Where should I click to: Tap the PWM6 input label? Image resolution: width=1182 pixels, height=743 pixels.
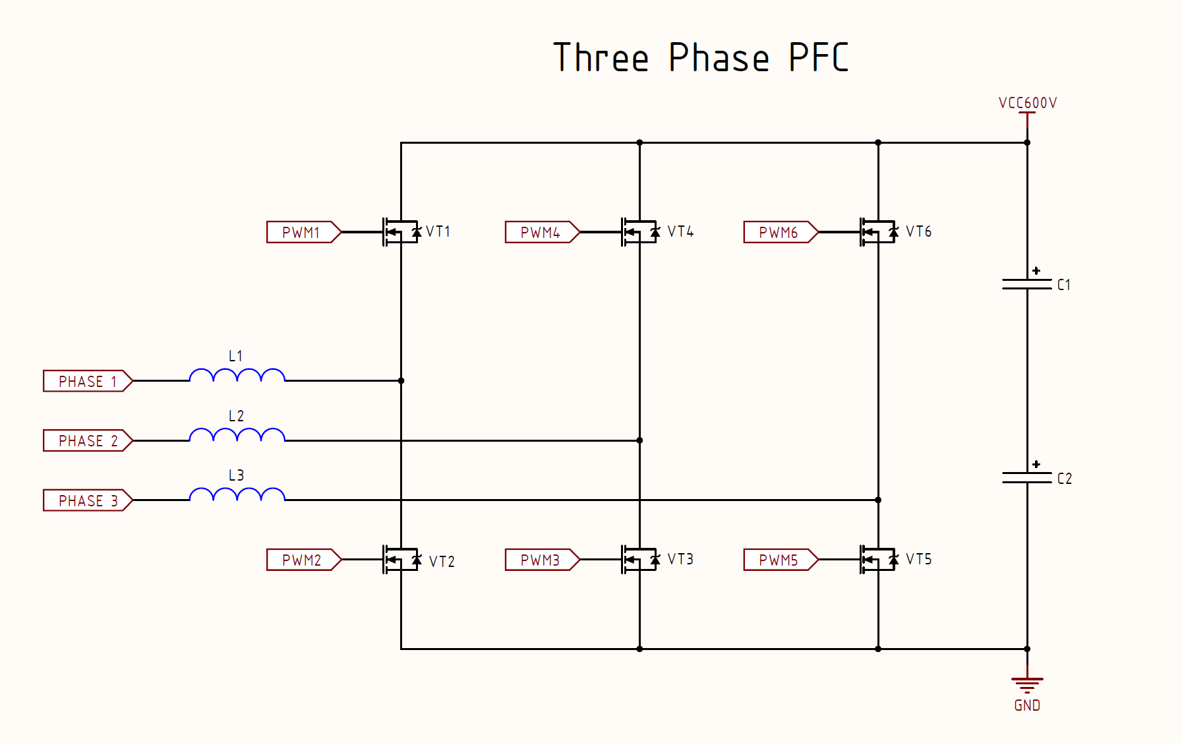click(780, 232)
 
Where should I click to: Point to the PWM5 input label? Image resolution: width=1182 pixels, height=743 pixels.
click(780, 560)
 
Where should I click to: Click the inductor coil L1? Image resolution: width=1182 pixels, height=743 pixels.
click(237, 376)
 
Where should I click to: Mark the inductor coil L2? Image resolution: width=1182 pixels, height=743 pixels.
click(237, 435)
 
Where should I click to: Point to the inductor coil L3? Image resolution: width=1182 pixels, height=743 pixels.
click(237, 495)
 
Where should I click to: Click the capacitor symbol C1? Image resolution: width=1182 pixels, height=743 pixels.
click(1026, 284)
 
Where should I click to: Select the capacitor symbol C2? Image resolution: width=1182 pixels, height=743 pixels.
click(1026, 478)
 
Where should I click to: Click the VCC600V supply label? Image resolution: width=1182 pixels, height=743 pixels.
click(1027, 104)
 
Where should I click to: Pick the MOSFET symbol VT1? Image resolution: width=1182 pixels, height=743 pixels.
click(401, 232)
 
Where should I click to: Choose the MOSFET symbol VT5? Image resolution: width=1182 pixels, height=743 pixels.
click(878, 560)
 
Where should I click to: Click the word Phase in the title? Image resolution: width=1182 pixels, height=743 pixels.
click(719, 58)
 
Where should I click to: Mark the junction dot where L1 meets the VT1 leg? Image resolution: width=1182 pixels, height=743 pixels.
click(401, 381)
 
